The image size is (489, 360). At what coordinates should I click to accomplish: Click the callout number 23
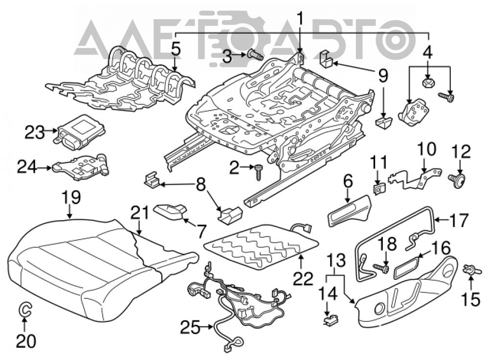coord(35,133)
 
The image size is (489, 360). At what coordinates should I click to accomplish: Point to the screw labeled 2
coord(258,172)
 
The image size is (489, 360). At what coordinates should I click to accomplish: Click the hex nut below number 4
coord(427,84)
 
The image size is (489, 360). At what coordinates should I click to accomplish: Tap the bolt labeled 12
coord(457,180)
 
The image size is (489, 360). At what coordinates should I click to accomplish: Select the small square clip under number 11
coord(378,188)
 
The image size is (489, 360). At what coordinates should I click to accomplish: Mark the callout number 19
coord(71,197)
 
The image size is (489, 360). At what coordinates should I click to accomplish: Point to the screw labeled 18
coord(381,268)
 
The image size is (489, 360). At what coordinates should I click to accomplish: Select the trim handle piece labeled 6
coord(349,211)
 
